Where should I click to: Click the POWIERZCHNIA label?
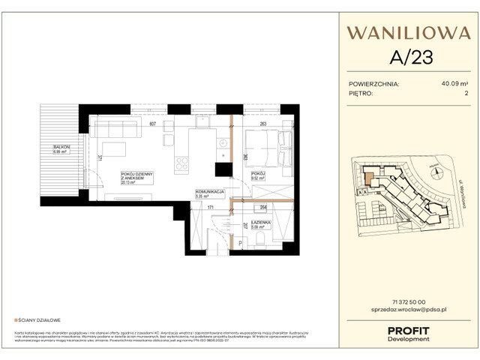click(x=374, y=85)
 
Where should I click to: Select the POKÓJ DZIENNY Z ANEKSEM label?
click(x=136, y=177)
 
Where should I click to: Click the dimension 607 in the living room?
click(x=152, y=124)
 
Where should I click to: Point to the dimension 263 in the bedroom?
click(x=262, y=124)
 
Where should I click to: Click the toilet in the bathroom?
click(x=259, y=237)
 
